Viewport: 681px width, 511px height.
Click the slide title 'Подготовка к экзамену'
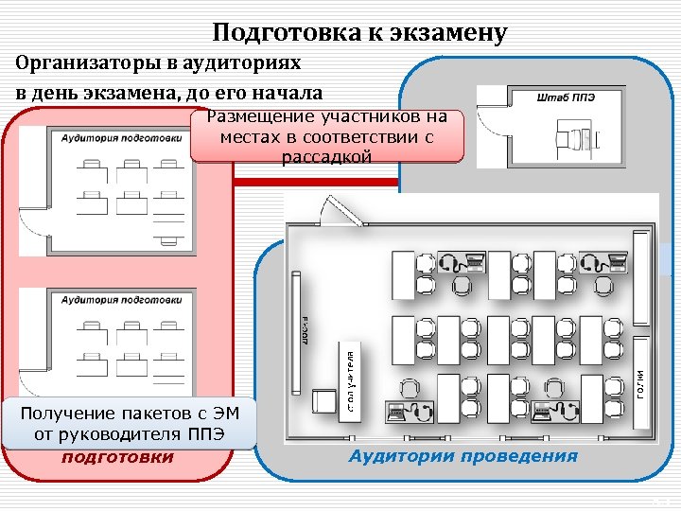(359, 33)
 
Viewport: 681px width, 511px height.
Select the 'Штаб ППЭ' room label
(566, 97)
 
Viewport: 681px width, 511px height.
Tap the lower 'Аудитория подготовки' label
(121, 300)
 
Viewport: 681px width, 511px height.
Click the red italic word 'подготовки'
(118, 457)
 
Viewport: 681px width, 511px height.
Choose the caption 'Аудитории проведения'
(463, 456)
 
